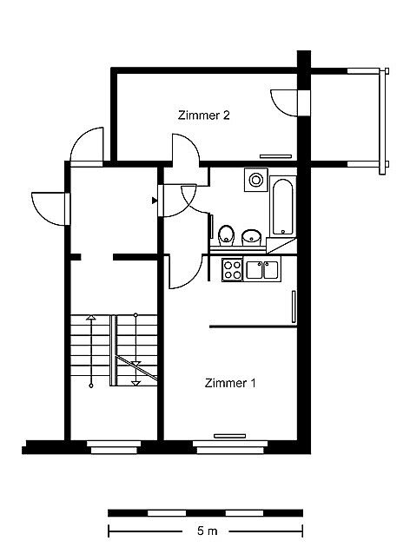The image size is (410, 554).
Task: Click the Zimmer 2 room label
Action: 204,115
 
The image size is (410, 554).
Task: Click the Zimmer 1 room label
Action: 230,383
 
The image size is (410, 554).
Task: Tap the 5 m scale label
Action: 207,531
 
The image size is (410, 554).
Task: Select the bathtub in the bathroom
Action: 283,207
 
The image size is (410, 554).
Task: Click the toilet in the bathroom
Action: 226,235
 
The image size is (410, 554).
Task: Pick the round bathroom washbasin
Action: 251,237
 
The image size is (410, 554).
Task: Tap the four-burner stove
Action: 233,269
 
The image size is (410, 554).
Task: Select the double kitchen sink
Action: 263,269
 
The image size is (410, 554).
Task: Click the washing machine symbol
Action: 255,180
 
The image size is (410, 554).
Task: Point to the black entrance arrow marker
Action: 154,201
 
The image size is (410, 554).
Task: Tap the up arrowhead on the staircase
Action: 91,317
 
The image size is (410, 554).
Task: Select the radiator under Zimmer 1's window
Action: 229,436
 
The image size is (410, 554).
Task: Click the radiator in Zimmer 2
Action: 275,156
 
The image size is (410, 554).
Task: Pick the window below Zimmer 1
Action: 230,447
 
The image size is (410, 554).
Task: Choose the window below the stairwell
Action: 114,447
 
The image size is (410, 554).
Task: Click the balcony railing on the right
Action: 382,122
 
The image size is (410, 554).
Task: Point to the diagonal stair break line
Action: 136,368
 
